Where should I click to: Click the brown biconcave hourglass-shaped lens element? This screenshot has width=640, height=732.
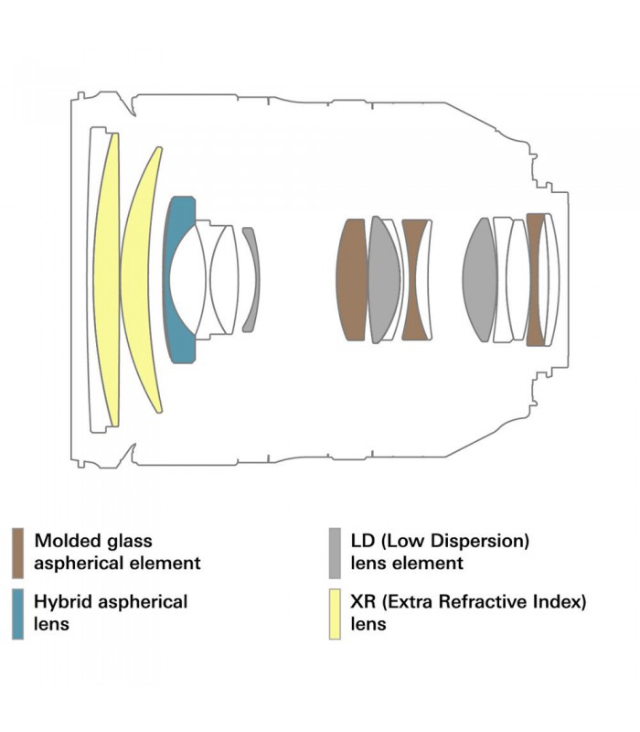[x=416, y=279]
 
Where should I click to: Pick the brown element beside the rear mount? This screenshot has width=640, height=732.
[x=536, y=279]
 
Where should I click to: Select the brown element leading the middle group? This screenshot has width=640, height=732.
[x=352, y=279]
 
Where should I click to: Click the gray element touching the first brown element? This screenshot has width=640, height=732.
[x=384, y=279]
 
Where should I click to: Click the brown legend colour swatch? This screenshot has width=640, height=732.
[x=18, y=553]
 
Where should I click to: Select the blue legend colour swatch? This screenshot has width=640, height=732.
[x=18, y=613]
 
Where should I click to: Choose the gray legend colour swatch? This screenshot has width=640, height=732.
[x=335, y=553]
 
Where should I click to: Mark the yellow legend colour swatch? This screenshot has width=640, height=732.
[x=335, y=613]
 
